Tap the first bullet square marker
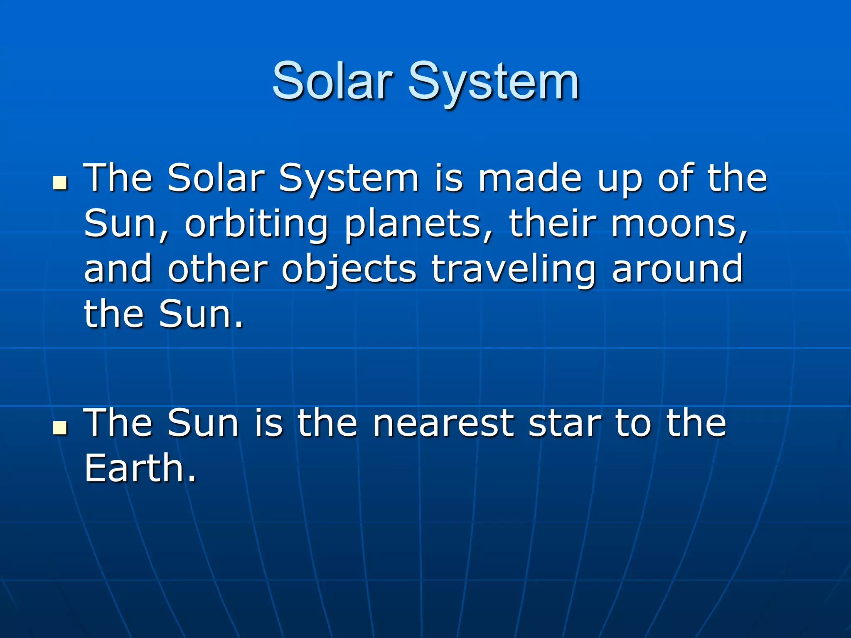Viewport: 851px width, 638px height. click(61, 182)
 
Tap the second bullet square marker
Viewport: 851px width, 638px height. click(61, 427)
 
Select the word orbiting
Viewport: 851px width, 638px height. click(256, 225)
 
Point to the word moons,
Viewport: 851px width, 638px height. click(679, 225)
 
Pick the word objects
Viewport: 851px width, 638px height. click(349, 270)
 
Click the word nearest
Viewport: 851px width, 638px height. click(443, 424)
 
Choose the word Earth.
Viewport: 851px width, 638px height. click(140, 469)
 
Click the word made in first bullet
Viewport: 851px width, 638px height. click(530, 179)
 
